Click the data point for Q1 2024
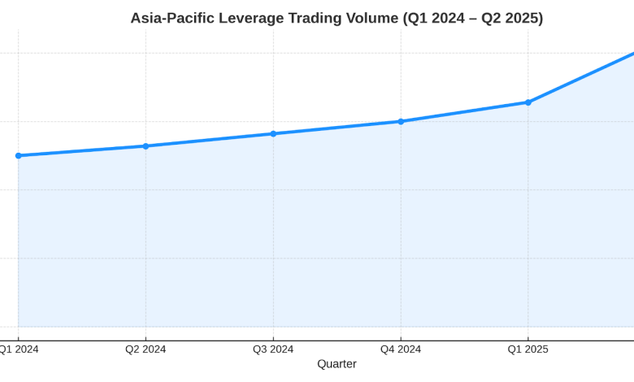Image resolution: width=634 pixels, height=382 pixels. [x=19, y=155]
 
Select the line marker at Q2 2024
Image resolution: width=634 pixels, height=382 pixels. [x=145, y=146]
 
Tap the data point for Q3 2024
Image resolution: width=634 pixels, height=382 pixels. [x=273, y=133]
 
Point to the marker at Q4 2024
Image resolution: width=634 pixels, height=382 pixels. [x=401, y=121]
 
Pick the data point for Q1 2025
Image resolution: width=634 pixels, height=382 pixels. [x=528, y=102]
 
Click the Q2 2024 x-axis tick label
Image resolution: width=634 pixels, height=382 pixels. [x=145, y=349]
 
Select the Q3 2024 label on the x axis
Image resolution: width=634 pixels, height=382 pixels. [x=273, y=349]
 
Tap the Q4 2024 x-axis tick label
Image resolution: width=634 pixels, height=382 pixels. [x=401, y=349]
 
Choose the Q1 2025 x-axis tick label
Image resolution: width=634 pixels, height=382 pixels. [x=528, y=349]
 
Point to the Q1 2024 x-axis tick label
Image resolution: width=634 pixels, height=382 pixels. [x=18, y=349]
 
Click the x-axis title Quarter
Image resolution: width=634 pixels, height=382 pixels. [x=337, y=364]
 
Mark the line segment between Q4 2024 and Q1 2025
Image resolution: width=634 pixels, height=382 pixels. [x=464, y=112]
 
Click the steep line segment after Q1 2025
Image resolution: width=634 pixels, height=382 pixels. [x=581, y=78]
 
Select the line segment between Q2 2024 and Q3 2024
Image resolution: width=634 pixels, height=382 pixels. [x=210, y=140]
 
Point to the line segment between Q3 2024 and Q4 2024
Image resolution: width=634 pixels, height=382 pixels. [x=337, y=128]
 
